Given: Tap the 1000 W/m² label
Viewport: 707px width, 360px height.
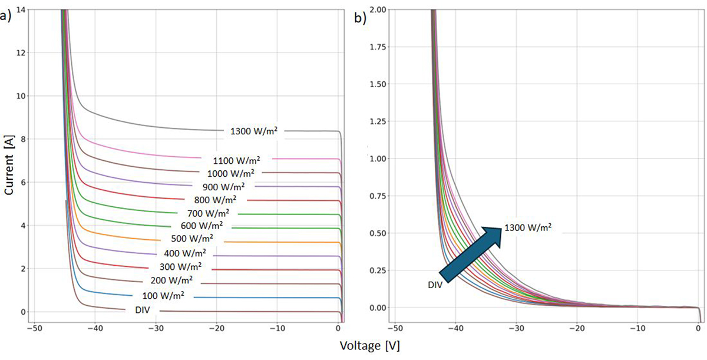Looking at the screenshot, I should coord(231,173).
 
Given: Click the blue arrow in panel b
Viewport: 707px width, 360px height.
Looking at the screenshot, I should coord(471,253).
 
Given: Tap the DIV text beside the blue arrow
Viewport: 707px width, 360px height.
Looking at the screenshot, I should coord(437,285).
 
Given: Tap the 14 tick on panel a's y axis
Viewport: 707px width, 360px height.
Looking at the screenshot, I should coord(19,10).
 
